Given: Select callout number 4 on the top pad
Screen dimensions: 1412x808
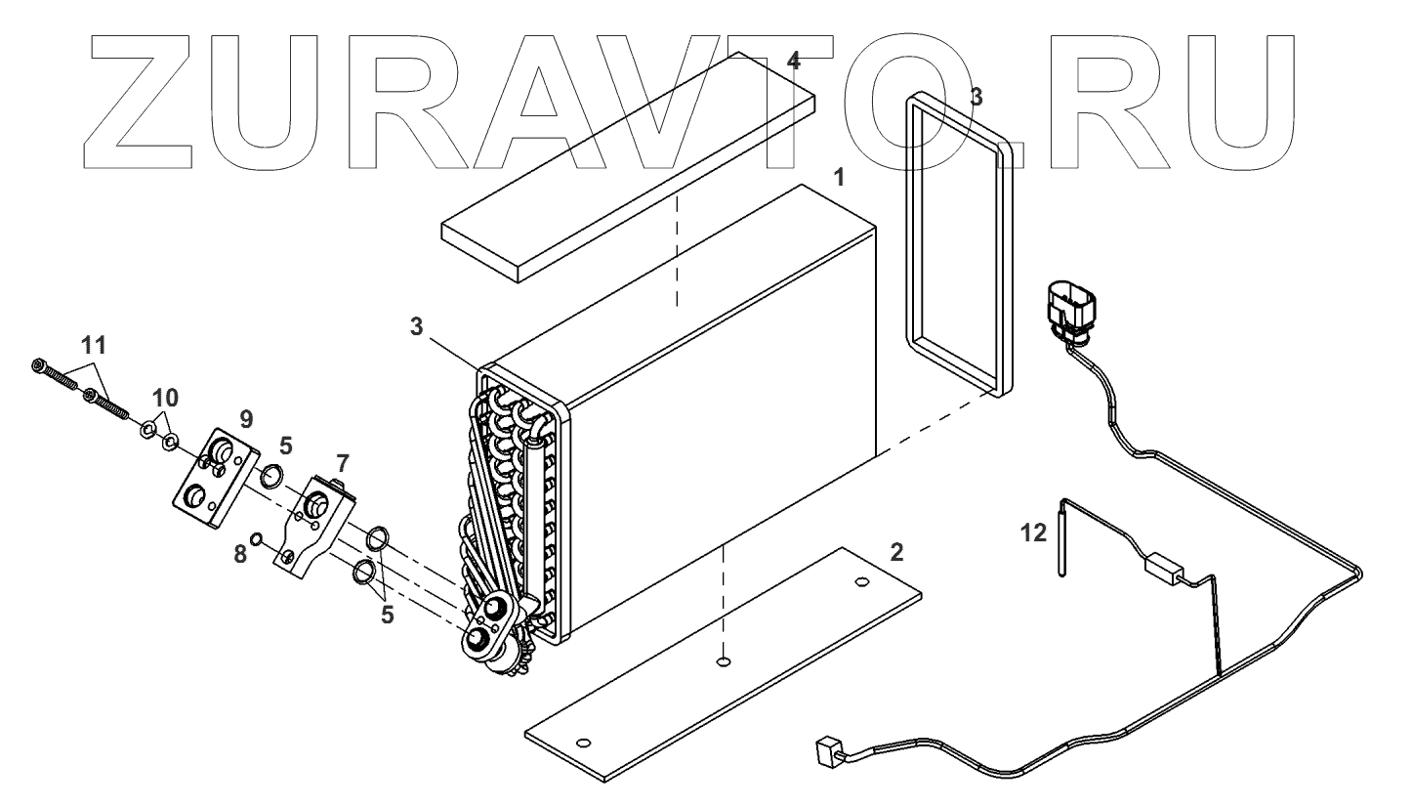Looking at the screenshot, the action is (x=794, y=62).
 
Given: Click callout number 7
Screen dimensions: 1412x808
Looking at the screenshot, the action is (x=342, y=460).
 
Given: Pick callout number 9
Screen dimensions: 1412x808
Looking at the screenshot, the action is (x=246, y=418).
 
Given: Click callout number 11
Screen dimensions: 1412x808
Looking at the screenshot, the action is (x=95, y=345).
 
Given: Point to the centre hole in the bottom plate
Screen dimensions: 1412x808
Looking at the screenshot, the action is (x=722, y=662).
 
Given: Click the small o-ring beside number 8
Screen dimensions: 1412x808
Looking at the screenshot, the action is (x=256, y=539).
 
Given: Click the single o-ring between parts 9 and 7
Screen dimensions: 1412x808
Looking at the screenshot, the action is (x=272, y=477).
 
